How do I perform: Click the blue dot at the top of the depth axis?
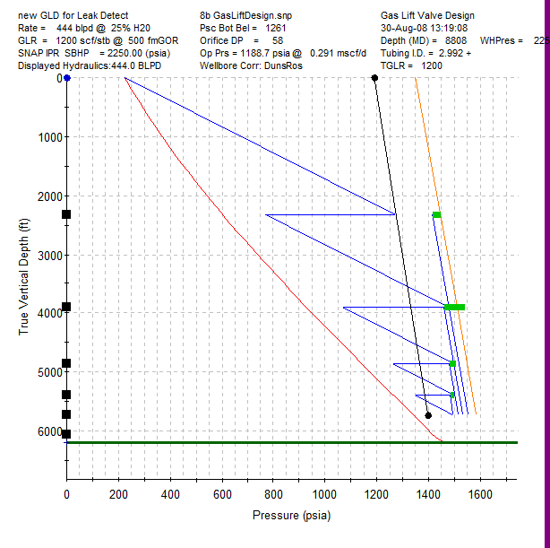[67, 79]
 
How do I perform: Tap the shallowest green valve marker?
[436, 215]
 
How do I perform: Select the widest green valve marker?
[455, 308]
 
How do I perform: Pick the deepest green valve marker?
[452, 395]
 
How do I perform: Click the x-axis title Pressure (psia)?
[292, 515]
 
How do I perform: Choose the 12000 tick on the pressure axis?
[377, 493]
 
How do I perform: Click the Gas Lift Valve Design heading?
[427, 15]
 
